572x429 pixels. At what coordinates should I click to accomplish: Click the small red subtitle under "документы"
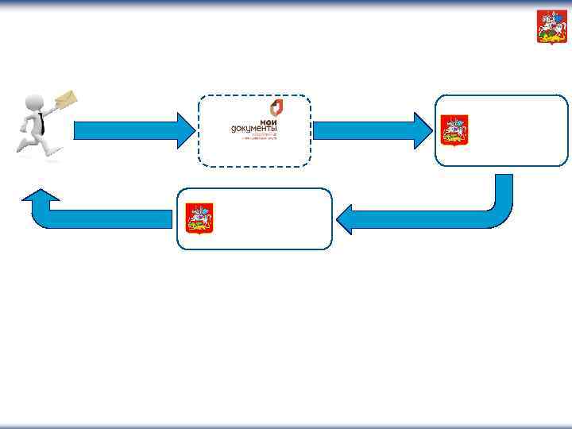[263, 136]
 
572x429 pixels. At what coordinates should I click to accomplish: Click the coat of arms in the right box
[454, 130]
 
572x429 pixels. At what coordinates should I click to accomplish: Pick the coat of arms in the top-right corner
[547, 26]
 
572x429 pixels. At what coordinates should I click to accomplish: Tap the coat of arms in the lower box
[199, 218]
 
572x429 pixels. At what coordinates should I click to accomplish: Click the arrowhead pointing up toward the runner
[41, 198]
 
